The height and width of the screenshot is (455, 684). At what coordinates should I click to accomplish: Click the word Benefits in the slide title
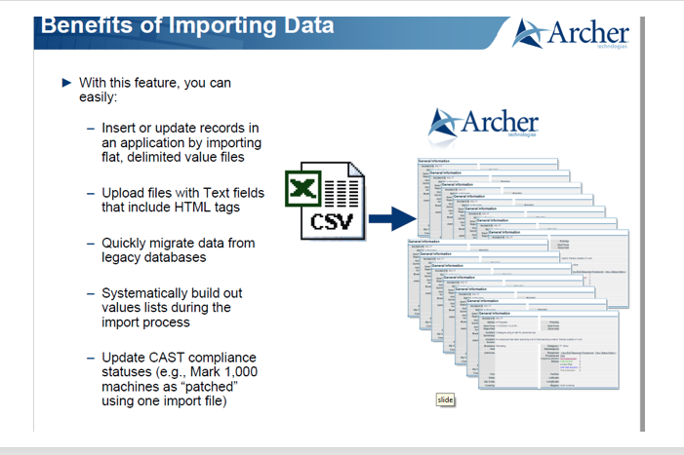pos(84,26)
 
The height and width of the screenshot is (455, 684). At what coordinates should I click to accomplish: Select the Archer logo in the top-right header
pos(572,34)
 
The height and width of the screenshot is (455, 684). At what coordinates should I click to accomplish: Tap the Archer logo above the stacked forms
pos(485,124)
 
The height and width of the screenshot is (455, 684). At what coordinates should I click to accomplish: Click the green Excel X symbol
pos(303,187)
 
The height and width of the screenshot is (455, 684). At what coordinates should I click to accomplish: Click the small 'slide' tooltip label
pos(445,399)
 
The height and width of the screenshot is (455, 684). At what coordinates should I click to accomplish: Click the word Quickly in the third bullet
pos(125,242)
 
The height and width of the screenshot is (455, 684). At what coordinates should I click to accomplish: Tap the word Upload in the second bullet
pos(123,193)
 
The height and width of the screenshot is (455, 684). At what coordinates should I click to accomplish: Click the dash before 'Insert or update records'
pos(91,129)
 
